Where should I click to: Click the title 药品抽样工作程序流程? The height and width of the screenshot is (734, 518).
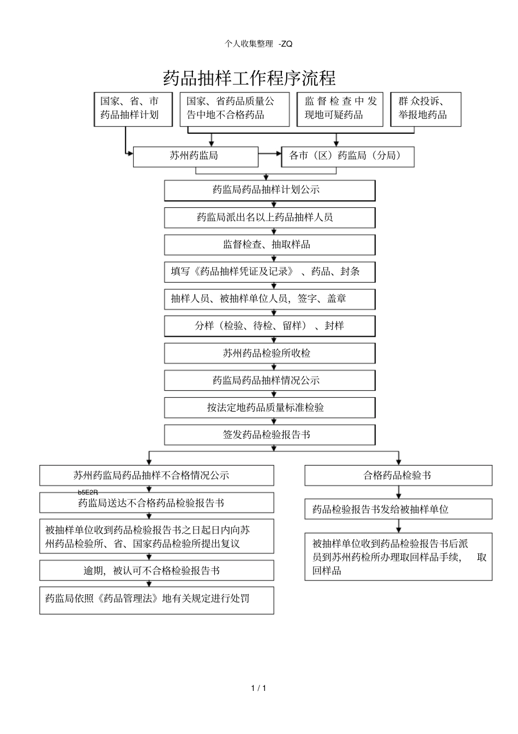click(x=249, y=78)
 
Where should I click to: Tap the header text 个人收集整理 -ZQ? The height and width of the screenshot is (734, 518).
click(x=258, y=44)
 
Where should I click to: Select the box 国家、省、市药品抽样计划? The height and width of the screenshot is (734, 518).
click(x=132, y=109)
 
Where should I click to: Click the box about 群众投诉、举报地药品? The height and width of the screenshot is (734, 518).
click(x=425, y=109)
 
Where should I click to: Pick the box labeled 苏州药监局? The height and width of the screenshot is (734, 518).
click(x=195, y=156)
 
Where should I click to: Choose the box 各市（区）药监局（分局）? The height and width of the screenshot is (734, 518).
click(x=347, y=156)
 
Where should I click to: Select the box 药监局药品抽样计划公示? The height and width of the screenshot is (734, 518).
click(x=269, y=190)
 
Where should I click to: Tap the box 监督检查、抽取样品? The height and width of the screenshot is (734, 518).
click(x=269, y=244)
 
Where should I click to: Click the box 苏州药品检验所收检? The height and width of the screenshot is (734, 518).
click(x=269, y=353)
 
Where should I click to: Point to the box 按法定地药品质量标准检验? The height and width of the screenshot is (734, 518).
click(x=269, y=408)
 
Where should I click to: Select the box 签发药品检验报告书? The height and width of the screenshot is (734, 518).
click(x=269, y=435)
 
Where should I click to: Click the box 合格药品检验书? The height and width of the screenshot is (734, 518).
click(x=398, y=475)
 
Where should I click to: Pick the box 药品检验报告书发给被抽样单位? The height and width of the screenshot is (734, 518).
click(x=398, y=509)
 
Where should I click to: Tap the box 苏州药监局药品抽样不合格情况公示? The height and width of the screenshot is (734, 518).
click(x=156, y=475)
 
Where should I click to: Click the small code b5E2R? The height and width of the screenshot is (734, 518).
click(x=88, y=492)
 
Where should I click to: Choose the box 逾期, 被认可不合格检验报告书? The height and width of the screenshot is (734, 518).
click(x=156, y=571)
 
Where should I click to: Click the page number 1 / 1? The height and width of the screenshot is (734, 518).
click(x=258, y=688)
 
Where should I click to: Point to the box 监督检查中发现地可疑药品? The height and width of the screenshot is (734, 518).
click(x=340, y=109)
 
